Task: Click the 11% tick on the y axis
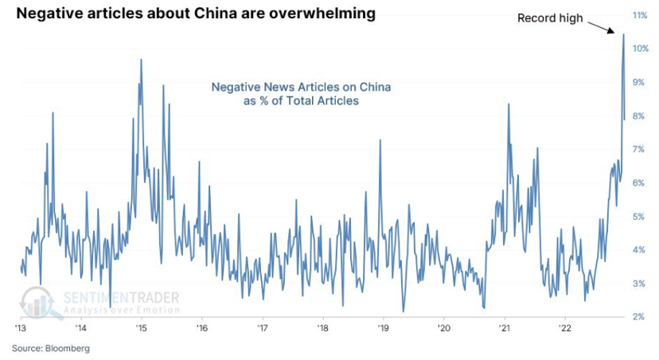[x=638, y=15]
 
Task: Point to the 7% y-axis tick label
[x=638, y=149]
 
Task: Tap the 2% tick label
[x=638, y=317]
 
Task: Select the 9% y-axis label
[x=638, y=82]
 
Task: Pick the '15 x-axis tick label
[x=141, y=327]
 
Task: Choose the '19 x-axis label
[x=383, y=327]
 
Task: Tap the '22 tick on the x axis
[x=564, y=327]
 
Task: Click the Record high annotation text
[x=551, y=17]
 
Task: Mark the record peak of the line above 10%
[x=623, y=34]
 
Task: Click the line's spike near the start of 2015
[x=141, y=60]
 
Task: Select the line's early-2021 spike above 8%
[x=508, y=104]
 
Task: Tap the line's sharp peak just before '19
[x=380, y=140]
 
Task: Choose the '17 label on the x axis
[x=262, y=327]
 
